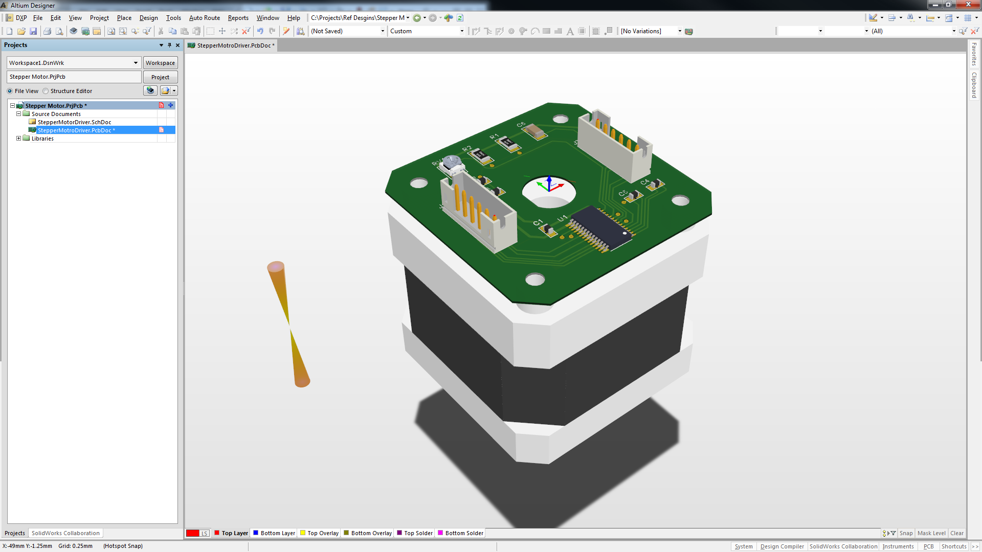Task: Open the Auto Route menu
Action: [204, 18]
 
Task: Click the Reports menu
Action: [238, 18]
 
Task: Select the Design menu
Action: [148, 18]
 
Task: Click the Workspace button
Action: [160, 63]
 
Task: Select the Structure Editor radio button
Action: [46, 91]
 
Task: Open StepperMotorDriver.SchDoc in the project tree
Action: [74, 122]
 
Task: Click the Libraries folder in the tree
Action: [42, 139]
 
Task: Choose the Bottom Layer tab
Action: [277, 533]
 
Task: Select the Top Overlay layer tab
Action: [323, 533]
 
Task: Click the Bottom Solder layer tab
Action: [464, 533]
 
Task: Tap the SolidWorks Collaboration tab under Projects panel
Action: [65, 533]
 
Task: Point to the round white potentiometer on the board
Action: [452, 163]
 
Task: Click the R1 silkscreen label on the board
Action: [494, 137]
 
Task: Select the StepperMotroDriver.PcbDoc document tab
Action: [233, 45]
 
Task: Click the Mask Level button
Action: [931, 533]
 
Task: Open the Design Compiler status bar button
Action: [782, 546]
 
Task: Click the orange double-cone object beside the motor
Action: [288, 324]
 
